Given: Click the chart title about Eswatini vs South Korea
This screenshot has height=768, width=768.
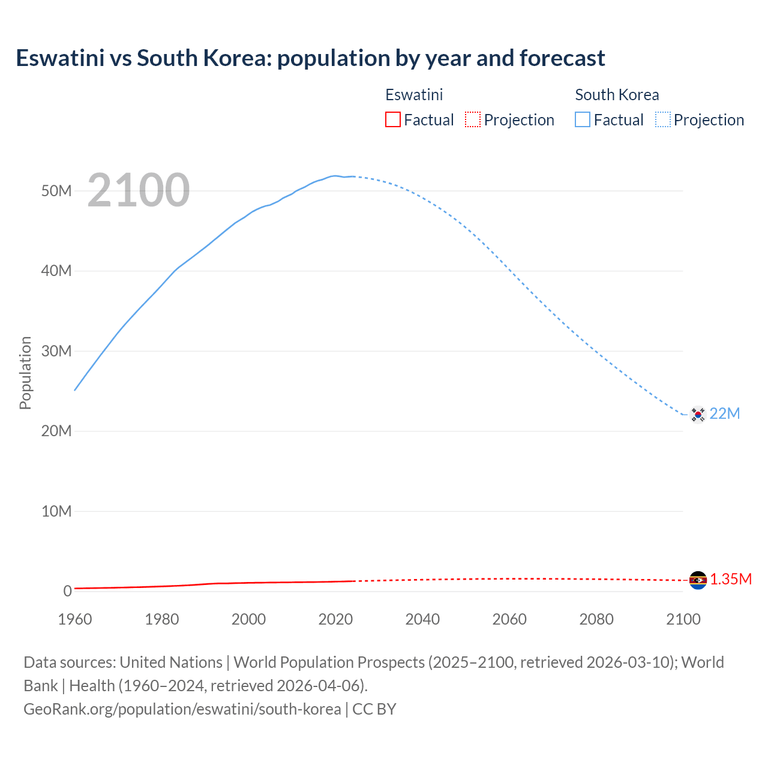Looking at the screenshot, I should (310, 58).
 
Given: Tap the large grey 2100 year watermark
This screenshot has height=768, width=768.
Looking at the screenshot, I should (139, 190).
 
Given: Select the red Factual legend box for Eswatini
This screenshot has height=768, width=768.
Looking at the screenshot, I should (392, 120).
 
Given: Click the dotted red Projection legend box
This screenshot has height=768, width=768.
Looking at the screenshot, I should (473, 120).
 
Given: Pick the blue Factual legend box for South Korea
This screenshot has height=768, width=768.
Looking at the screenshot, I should (582, 120).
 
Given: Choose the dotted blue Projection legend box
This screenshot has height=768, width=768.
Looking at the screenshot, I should (662, 120).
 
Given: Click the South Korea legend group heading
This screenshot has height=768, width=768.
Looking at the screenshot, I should (617, 95).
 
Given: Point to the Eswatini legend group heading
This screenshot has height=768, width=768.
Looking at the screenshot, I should (414, 95).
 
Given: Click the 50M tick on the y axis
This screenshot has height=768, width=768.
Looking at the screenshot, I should (56, 191).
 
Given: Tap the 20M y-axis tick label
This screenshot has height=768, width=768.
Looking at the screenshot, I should (56, 431).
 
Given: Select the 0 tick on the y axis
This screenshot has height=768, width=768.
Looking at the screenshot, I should (67, 591).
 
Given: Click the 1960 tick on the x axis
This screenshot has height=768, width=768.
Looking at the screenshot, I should (75, 619).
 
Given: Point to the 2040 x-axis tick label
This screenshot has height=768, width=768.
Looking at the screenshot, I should (422, 619).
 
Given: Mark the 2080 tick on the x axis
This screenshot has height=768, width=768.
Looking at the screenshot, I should (596, 619).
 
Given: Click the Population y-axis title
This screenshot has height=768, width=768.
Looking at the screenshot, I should (25, 373).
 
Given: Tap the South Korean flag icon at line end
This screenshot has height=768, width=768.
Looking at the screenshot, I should (697, 414).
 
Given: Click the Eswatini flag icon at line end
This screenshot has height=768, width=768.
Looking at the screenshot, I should (697, 580).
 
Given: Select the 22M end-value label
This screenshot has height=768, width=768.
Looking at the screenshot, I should (725, 414).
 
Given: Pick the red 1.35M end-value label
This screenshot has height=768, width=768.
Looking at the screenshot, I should (731, 580).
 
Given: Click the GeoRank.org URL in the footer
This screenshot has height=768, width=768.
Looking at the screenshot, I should (182, 709).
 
